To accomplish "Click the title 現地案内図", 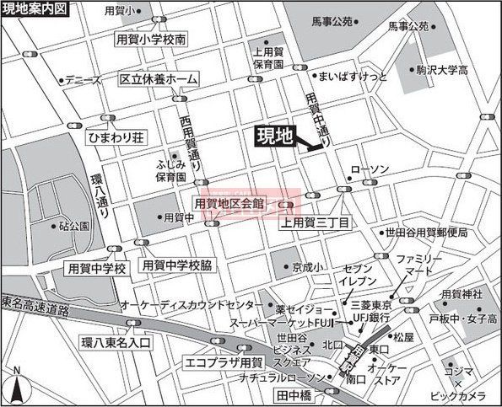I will pos(32,8).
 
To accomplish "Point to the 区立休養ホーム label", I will pos(159,79).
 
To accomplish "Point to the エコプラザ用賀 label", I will pos(224,363).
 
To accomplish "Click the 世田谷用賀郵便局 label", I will pos(425,233).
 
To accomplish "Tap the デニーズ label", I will pos(84,81).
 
